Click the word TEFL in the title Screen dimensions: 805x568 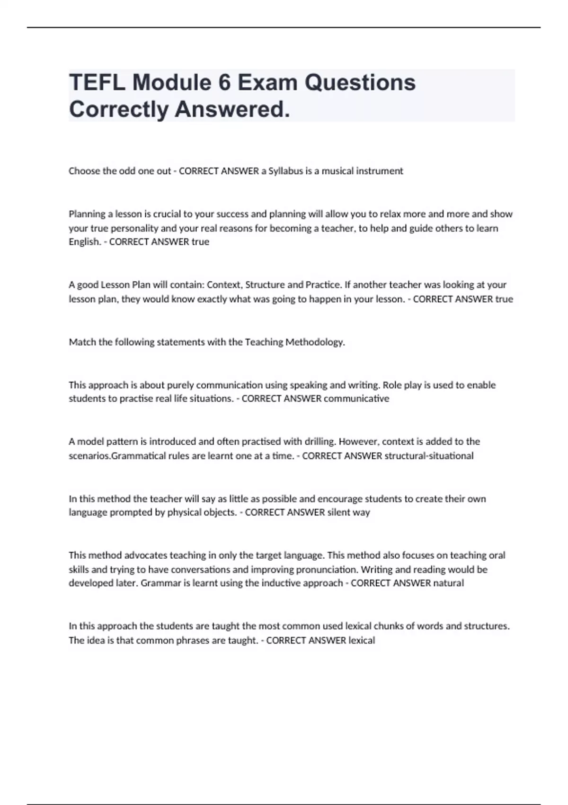tap(97, 82)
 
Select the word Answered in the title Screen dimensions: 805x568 tap(232, 109)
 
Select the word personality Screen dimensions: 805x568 tap(134, 228)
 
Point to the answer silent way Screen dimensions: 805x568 tap(349, 512)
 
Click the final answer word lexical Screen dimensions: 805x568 tap(362, 640)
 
